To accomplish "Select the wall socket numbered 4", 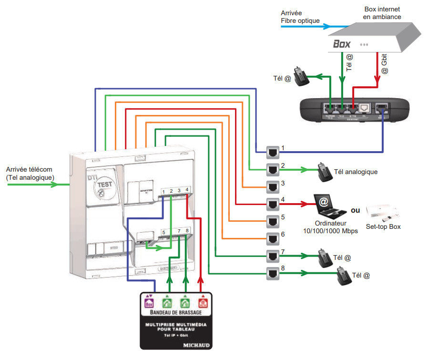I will click(273, 205).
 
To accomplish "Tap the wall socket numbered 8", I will click(273, 274).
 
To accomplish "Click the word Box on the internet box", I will click(342, 44).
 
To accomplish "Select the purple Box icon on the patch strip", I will click(149, 302).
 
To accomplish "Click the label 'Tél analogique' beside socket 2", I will click(356, 172).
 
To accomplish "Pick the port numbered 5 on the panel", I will click(163, 232).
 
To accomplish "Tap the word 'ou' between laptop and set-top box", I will click(355, 210).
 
